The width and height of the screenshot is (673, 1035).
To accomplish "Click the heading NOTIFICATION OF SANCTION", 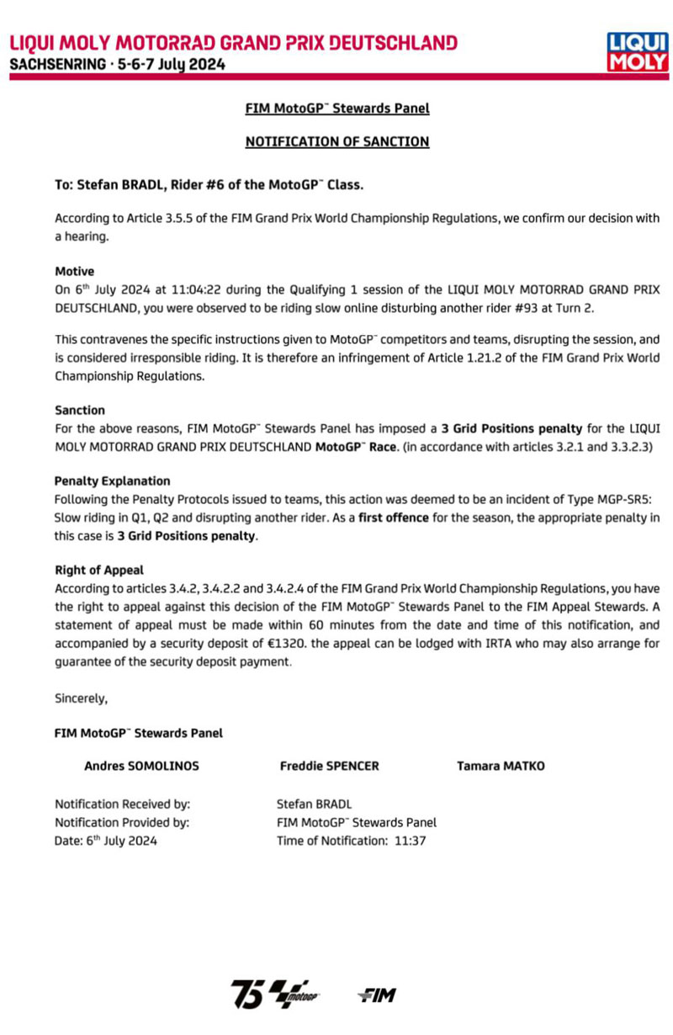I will (x=336, y=142).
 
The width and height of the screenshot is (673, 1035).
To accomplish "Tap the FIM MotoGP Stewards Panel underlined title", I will (x=336, y=109).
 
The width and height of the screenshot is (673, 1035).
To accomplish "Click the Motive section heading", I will (x=74, y=272).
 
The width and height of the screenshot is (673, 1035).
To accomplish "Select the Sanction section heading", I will (x=79, y=411).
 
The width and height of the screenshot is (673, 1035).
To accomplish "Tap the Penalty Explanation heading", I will (x=112, y=481).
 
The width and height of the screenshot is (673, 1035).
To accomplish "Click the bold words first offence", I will (x=395, y=515).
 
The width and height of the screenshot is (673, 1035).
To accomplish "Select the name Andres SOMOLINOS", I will (x=142, y=766).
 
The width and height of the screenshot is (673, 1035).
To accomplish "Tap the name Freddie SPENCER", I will (x=329, y=766).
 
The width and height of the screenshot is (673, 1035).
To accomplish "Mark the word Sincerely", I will (x=81, y=698).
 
